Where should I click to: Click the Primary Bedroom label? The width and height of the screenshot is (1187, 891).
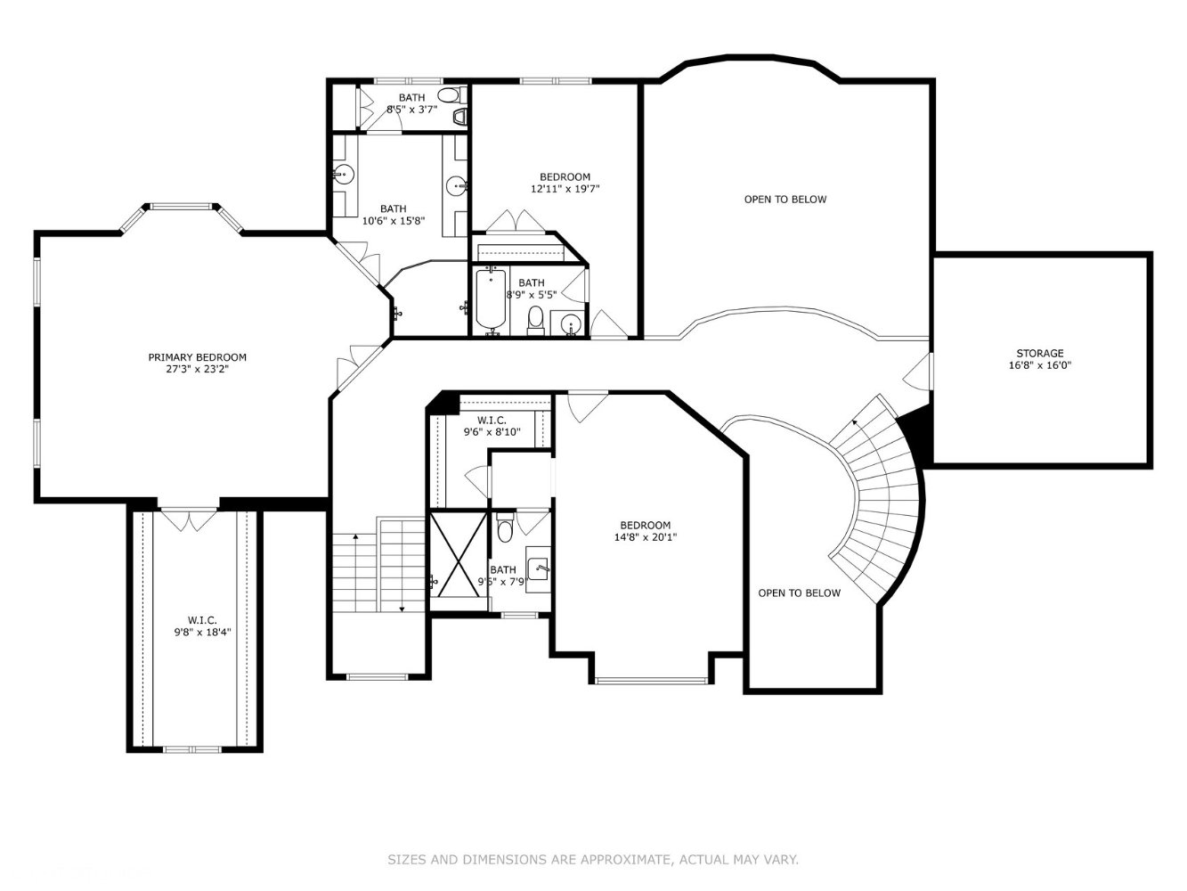pyautogui.click(x=198, y=363)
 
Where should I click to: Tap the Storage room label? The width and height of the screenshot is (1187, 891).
pyautogui.click(x=1039, y=359)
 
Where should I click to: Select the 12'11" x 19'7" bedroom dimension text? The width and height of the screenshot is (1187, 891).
pyautogui.click(x=565, y=189)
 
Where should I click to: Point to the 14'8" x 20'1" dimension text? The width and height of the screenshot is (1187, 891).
pyautogui.click(x=645, y=537)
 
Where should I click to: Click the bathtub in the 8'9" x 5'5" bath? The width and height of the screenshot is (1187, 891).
pyautogui.click(x=491, y=299)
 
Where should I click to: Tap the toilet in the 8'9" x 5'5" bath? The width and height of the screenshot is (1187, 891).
pyautogui.click(x=535, y=319)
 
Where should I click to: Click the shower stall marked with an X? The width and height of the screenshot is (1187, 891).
pyautogui.click(x=459, y=554)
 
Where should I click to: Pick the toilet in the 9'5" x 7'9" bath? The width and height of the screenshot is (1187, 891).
pyautogui.click(x=505, y=527)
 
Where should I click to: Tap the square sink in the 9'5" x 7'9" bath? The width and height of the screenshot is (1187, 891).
pyautogui.click(x=538, y=568)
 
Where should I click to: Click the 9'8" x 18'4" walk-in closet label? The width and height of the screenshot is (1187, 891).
pyautogui.click(x=202, y=625)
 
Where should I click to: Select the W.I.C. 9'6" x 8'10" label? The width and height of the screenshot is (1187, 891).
pyautogui.click(x=492, y=426)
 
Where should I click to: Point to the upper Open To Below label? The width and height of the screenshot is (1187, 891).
pyautogui.click(x=785, y=199)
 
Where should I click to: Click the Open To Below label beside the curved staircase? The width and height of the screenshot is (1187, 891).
pyautogui.click(x=800, y=593)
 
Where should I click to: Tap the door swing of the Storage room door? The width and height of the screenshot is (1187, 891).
pyautogui.click(x=918, y=371)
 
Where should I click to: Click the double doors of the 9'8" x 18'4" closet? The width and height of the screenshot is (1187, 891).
pyautogui.click(x=190, y=519)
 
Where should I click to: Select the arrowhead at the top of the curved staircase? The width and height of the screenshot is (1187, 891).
pyautogui.click(x=855, y=421)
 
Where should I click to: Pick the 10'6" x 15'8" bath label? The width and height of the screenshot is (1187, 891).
pyautogui.click(x=393, y=214)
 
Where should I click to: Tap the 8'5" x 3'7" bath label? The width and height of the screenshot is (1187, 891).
pyautogui.click(x=411, y=102)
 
